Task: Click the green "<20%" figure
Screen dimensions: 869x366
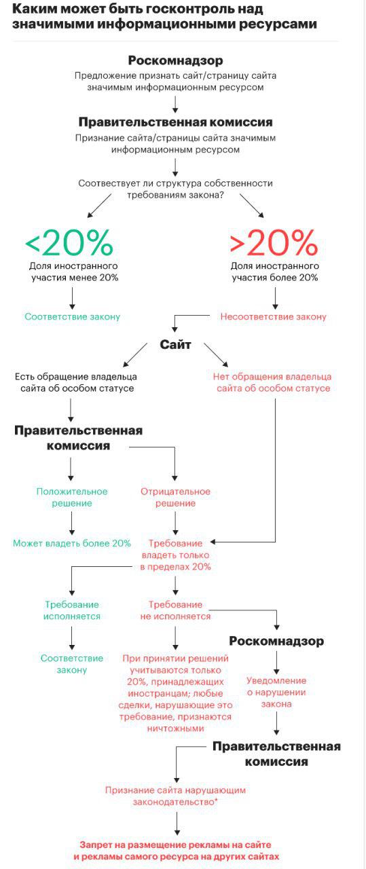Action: [x=69, y=242]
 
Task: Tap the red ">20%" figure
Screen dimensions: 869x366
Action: [x=274, y=242]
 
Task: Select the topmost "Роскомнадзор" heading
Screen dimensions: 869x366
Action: [x=175, y=60]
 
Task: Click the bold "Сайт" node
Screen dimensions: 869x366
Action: [x=175, y=345]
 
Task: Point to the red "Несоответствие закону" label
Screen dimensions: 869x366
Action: [x=273, y=316]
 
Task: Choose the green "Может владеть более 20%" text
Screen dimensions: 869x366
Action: [x=72, y=543]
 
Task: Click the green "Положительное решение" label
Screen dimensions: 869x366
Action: [x=72, y=497]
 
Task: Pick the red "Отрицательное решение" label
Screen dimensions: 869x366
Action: [x=175, y=497]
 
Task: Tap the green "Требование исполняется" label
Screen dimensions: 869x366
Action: [x=72, y=610]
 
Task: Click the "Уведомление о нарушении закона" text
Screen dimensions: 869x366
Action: [x=276, y=692]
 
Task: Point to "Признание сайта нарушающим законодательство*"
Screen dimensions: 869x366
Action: [x=175, y=796]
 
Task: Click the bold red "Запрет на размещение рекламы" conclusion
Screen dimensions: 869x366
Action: [x=176, y=851]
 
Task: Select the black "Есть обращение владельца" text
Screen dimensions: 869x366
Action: [x=75, y=382]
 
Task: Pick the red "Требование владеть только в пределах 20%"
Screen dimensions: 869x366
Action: [x=175, y=555]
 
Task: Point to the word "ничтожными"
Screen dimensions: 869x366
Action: [x=175, y=728]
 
